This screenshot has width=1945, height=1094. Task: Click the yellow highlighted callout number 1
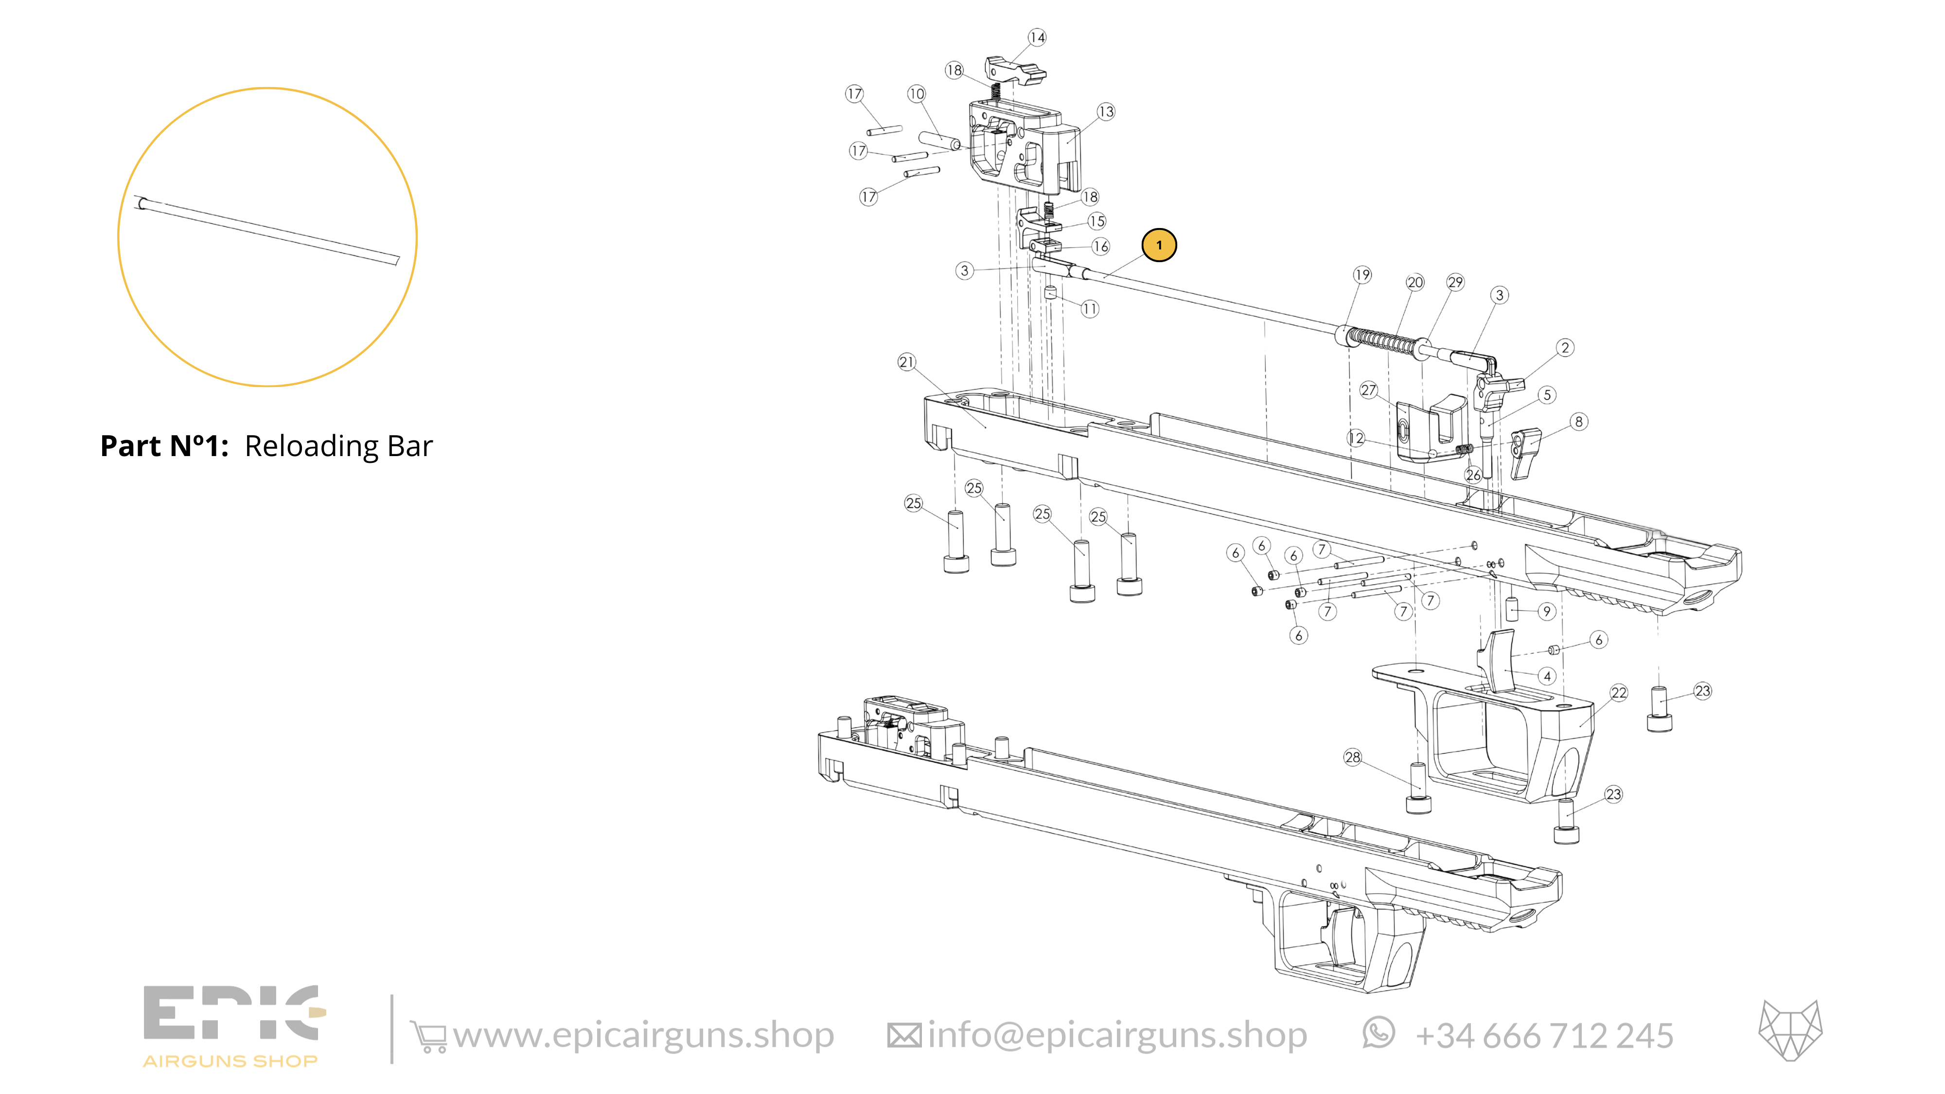[x=1159, y=246]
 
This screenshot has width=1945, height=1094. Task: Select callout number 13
[x=1106, y=112]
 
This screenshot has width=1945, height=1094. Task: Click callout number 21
[x=907, y=362]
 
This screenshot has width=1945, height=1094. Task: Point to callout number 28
[x=1352, y=757]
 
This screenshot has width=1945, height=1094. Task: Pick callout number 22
[x=1619, y=693]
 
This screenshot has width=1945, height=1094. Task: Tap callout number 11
[x=1090, y=309]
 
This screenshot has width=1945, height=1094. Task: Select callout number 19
[x=1362, y=275]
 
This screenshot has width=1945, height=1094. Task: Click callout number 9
[x=1547, y=612]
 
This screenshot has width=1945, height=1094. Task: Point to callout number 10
[x=917, y=94]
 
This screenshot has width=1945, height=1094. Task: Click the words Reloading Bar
[x=339, y=446]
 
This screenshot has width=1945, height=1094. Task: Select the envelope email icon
[x=904, y=1036]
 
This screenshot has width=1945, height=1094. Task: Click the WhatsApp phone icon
[x=1379, y=1034]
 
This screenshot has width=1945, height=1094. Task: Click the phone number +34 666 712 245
[x=1544, y=1036]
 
